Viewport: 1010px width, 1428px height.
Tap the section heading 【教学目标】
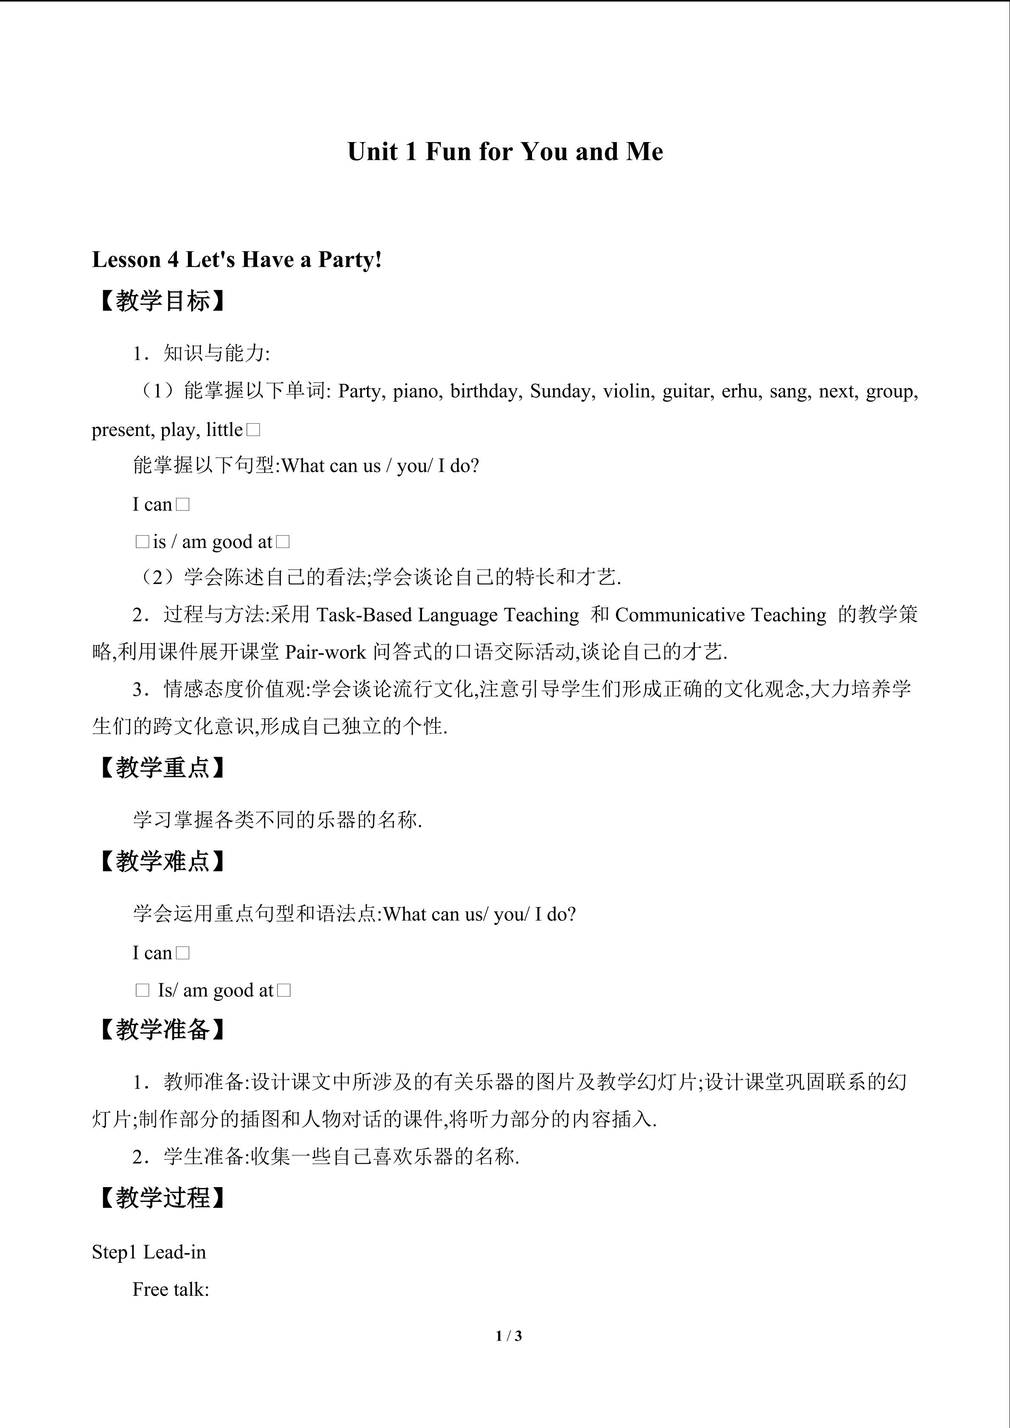(162, 301)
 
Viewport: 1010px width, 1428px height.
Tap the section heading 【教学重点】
(162, 768)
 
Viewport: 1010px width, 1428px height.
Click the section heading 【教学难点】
(162, 861)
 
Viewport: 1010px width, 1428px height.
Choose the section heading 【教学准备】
(162, 1029)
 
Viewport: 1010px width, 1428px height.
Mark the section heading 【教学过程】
(162, 1197)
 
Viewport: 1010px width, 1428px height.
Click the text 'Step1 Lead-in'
(148, 1252)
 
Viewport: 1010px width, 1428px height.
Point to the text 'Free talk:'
(171, 1289)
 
